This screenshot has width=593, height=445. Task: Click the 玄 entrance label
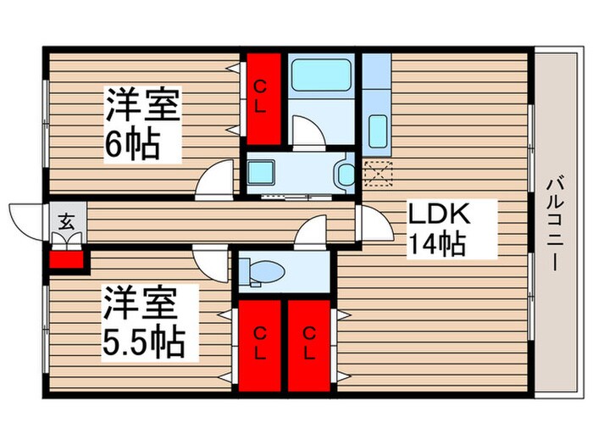(x=64, y=222)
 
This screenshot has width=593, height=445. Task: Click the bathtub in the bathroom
(x=321, y=76)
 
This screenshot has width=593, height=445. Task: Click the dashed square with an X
(x=378, y=171)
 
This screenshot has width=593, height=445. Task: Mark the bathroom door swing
(x=307, y=132)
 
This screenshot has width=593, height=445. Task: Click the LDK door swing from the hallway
(x=369, y=222)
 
